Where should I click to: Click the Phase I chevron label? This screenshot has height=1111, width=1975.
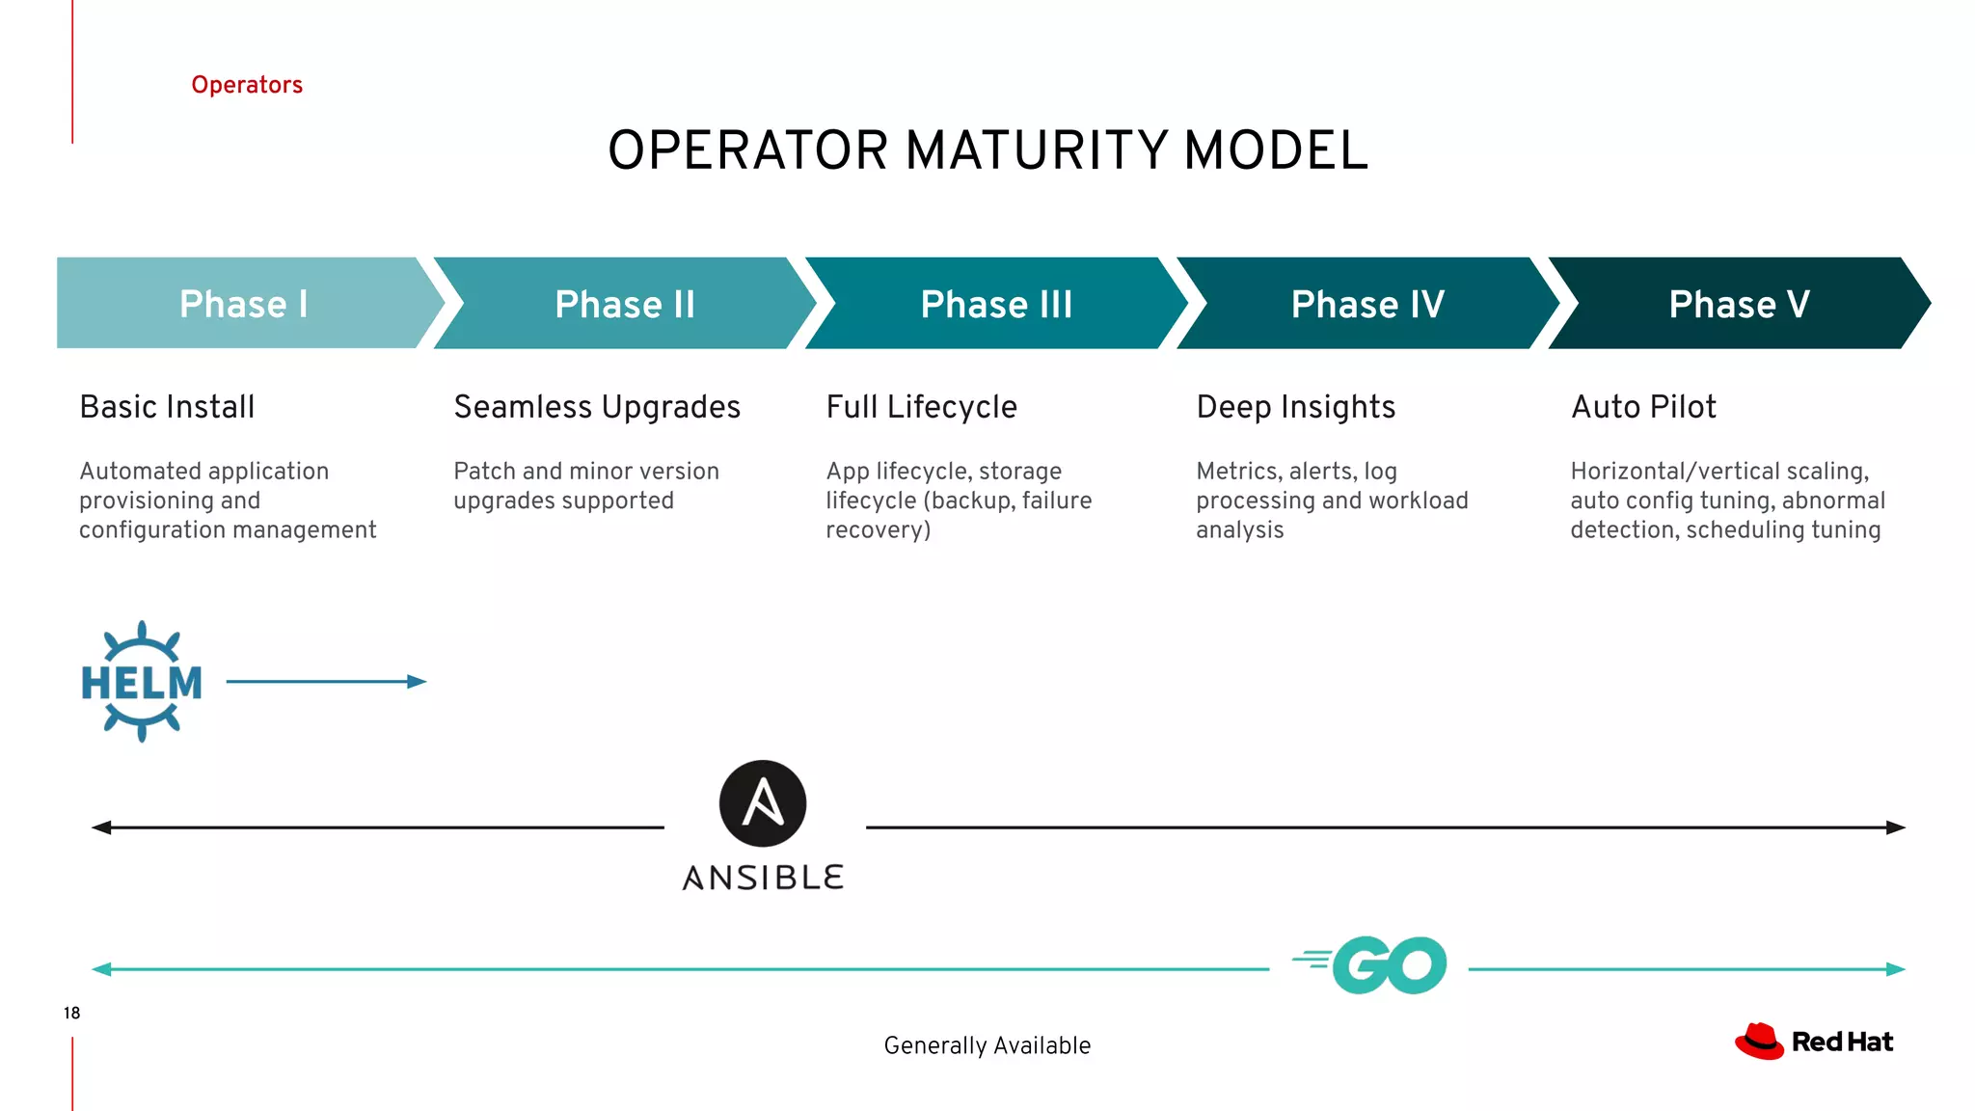pos(243,304)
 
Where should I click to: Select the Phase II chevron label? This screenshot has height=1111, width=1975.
pos(625,304)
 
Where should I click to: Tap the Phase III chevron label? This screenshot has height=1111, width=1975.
pos(996,304)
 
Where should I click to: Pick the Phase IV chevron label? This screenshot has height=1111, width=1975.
pos(1367,304)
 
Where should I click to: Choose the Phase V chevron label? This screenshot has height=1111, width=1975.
pos(1739,304)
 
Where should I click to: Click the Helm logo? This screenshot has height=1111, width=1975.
pos(142,682)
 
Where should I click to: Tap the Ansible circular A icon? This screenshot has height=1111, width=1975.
pos(763,803)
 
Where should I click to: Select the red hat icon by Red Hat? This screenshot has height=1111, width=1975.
pos(1759,1042)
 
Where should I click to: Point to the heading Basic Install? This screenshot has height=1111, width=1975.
pos(167,407)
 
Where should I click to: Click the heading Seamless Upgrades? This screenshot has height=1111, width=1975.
pos(597,407)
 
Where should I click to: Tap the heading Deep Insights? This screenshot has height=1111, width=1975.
pos(1295,407)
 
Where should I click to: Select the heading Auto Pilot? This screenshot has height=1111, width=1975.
pos(1643,407)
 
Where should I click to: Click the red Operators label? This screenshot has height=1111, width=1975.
pos(247,85)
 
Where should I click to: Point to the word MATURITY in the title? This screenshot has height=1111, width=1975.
pos(1038,151)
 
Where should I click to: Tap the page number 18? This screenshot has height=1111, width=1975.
pos(71,1013)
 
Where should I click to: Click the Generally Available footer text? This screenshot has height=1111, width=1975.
pos(987,1045)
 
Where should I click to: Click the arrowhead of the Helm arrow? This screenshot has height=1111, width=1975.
pos(418,682)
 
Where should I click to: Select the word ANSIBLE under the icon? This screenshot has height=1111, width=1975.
pos(763,878)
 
